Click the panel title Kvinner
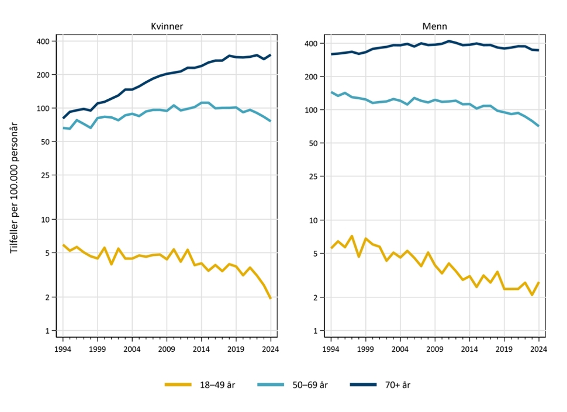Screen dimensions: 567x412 (167, 26)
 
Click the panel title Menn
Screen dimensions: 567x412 (435, 26)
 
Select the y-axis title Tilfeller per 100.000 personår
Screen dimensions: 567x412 (14, 188)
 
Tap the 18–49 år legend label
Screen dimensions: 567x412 (217, 385)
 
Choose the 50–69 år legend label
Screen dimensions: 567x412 (310, 385)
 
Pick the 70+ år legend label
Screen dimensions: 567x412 (397, 385)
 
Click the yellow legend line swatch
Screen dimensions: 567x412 (178, 385)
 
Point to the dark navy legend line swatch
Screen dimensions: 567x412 (364, 385)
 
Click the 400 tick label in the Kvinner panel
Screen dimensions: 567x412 (43, 41)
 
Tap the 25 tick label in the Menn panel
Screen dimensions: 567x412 (313, 176)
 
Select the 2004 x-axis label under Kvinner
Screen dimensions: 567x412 (132, 349)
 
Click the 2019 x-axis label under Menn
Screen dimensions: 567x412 (504, 349)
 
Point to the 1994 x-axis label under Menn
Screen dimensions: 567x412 (331, 349)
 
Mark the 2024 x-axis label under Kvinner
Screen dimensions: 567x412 (271, 349)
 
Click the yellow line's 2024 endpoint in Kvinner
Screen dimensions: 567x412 (271, 298)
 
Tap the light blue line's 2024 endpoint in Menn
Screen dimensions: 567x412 (538, 126)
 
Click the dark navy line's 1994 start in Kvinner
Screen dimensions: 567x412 (63, 118)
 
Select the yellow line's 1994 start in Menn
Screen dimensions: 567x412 (331, 248)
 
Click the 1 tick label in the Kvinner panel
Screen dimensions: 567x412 (48, 331)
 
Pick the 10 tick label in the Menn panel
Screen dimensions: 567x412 (313, 220)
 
